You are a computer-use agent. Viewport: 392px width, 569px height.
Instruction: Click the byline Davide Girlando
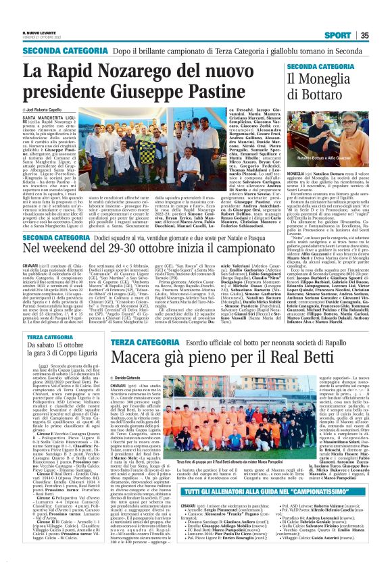133,396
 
